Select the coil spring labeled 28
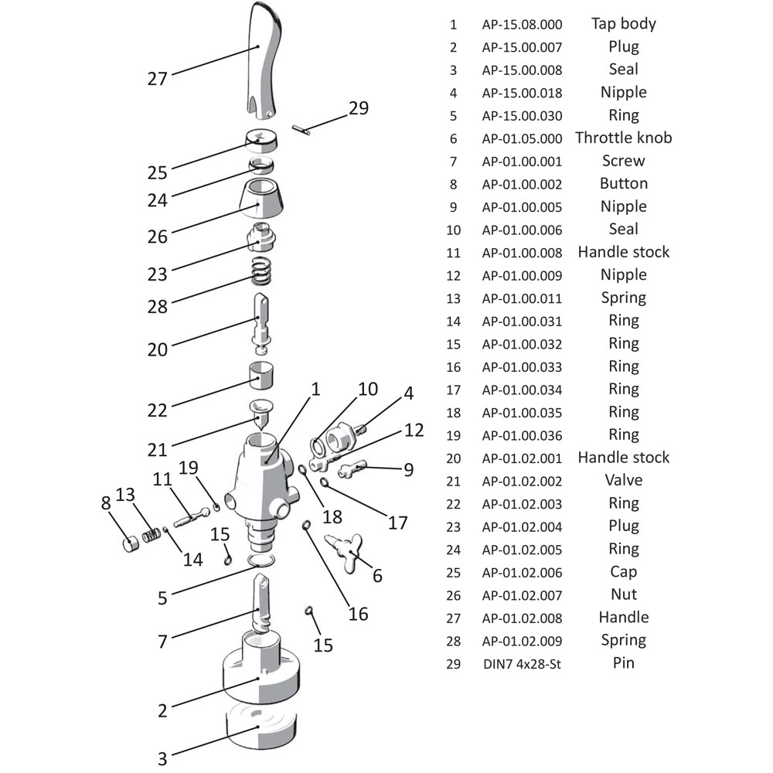261,271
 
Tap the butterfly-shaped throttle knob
346,552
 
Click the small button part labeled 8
130,544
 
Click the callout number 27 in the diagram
157,79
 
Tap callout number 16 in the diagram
358,615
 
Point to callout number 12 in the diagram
414,431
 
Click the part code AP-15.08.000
522,25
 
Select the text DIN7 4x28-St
522,664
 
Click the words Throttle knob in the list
624,138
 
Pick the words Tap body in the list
624,24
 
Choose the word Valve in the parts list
624,481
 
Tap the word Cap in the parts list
624,572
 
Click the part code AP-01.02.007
522,595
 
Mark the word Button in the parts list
624,184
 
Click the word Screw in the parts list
624,162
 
